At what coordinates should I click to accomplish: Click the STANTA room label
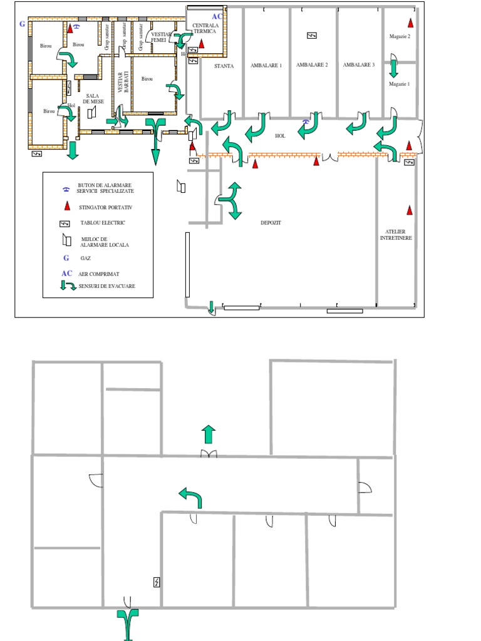[224, 66]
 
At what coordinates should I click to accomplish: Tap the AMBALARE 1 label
[266, 65]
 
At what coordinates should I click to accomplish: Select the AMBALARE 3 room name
[359, 65]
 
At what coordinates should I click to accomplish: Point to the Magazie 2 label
[400, 37]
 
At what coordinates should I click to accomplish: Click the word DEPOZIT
[271, 222]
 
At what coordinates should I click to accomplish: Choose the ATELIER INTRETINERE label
[396, 235]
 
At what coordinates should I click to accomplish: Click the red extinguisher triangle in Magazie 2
[411, 23]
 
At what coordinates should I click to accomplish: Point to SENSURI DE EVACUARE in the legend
[107, 286]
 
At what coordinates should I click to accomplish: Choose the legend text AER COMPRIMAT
[99, 274]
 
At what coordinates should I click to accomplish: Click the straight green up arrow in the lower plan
[208, 434]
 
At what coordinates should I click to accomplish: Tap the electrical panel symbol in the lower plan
[156, 582]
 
